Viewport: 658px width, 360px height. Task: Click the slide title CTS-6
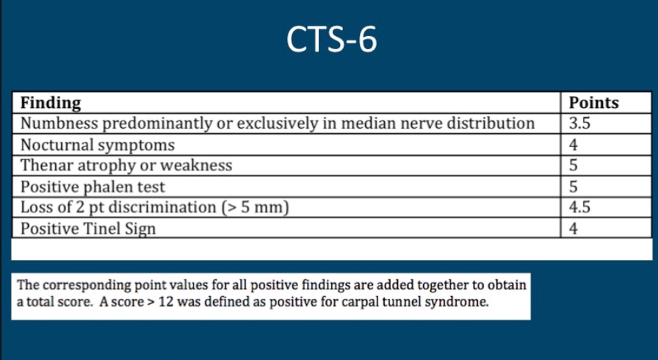(331, 40)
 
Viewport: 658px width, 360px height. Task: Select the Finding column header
(51, 103)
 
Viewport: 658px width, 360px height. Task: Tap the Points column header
(593, 103)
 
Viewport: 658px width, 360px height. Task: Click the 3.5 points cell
(580, 123)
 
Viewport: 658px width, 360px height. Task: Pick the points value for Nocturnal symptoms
(574, 145)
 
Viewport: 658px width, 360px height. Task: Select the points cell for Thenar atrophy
(574, 165)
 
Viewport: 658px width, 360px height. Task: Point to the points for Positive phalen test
(574, 187)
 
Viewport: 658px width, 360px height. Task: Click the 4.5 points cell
(580, 207)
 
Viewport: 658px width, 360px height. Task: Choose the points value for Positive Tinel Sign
(574, 228)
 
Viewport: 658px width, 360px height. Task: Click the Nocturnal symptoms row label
(98, 145)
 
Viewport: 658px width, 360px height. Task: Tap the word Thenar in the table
(46, 165)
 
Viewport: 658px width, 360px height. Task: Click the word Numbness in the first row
(54, 123)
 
